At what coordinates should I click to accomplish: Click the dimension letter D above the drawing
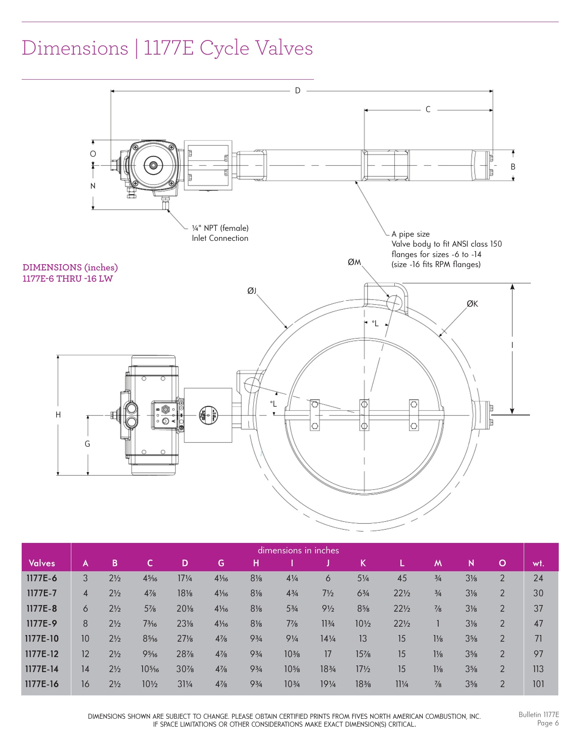click(297, 90)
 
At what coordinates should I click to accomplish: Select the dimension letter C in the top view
click(428, 110)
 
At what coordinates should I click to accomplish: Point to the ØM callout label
click(354, 262)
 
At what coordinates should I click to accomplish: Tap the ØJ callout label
click(251, 291)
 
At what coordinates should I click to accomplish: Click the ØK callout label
click(472, 304)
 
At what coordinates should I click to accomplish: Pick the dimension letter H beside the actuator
click(58, 415)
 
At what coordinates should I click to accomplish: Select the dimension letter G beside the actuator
click(87, 444)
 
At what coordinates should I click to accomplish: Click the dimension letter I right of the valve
click(512, 345)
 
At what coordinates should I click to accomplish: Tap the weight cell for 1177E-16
click(538, 684)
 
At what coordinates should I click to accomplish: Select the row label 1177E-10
click(42, 638)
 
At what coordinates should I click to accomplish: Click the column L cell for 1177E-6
click(402, 578)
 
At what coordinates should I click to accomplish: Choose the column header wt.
click(538, 563)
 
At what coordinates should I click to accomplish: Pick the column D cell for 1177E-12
click(185, 654)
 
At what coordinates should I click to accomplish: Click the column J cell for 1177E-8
click(328, 608)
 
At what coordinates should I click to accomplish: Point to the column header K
click(363, 563)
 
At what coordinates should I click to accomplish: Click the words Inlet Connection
click(220, 238)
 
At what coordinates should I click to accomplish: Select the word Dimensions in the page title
click(75, 48)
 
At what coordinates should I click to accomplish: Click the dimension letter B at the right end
click(513, 167)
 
